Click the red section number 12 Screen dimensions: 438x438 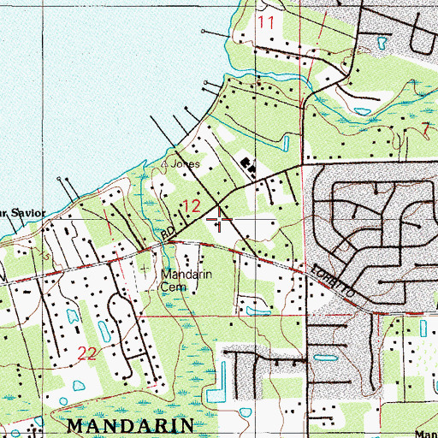(x=192, y=205)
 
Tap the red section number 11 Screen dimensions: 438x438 (x=267, y=22)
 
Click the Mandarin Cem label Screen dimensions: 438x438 (x=186, y=281)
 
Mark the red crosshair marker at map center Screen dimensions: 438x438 (x=222, y=221)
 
